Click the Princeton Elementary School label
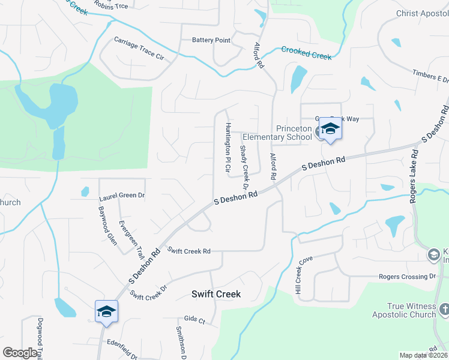(294, 133)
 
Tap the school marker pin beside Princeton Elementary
(330, 130)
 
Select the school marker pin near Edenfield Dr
(106, 312)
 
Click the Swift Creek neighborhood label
(216, 294)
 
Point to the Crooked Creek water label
(306, 53)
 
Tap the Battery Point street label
(211, 40)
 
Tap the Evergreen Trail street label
(131, 238)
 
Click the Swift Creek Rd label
(189, 251)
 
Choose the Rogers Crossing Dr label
(407, 277)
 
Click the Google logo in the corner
(20, 352)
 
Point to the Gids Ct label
(194, 319)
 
